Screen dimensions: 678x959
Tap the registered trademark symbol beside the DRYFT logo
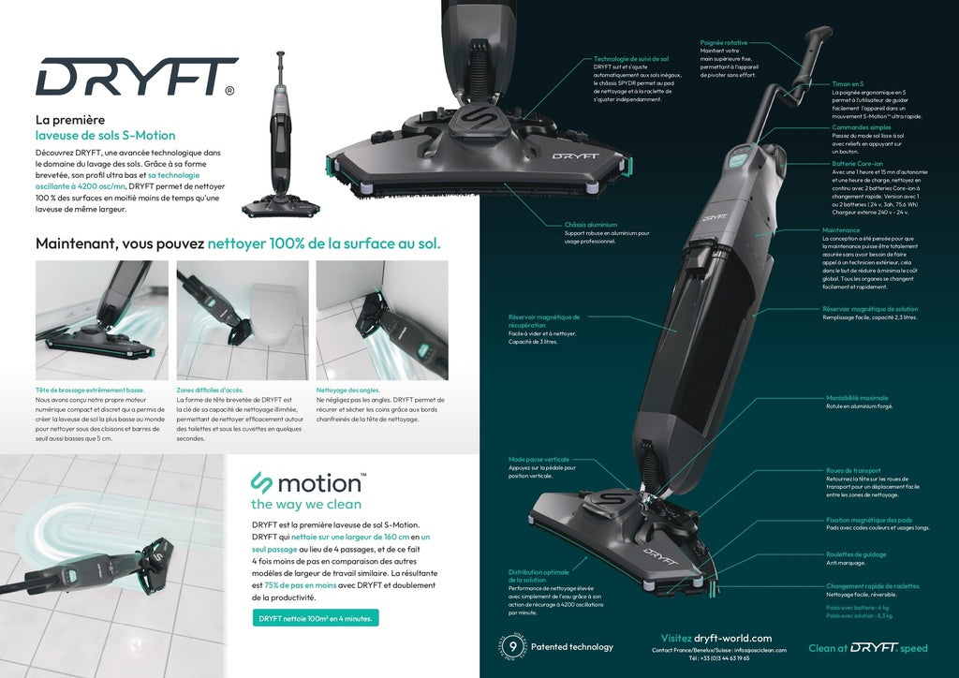[229, 91]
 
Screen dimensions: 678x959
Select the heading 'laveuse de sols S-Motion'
[105, 135]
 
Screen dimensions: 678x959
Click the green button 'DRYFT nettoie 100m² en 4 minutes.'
[316, 618]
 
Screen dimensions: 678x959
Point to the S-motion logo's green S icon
[261, 483]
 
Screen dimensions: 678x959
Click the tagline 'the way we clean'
[305, 504]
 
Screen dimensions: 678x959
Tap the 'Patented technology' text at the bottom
[571, 646]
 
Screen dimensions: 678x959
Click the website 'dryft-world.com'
[732, 638]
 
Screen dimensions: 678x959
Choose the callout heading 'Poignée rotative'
[725, 42]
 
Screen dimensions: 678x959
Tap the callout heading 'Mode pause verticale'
[539, 459]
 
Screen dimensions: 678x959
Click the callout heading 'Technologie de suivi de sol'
[630, 58]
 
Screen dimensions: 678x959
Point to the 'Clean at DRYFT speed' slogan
[867, 647]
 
